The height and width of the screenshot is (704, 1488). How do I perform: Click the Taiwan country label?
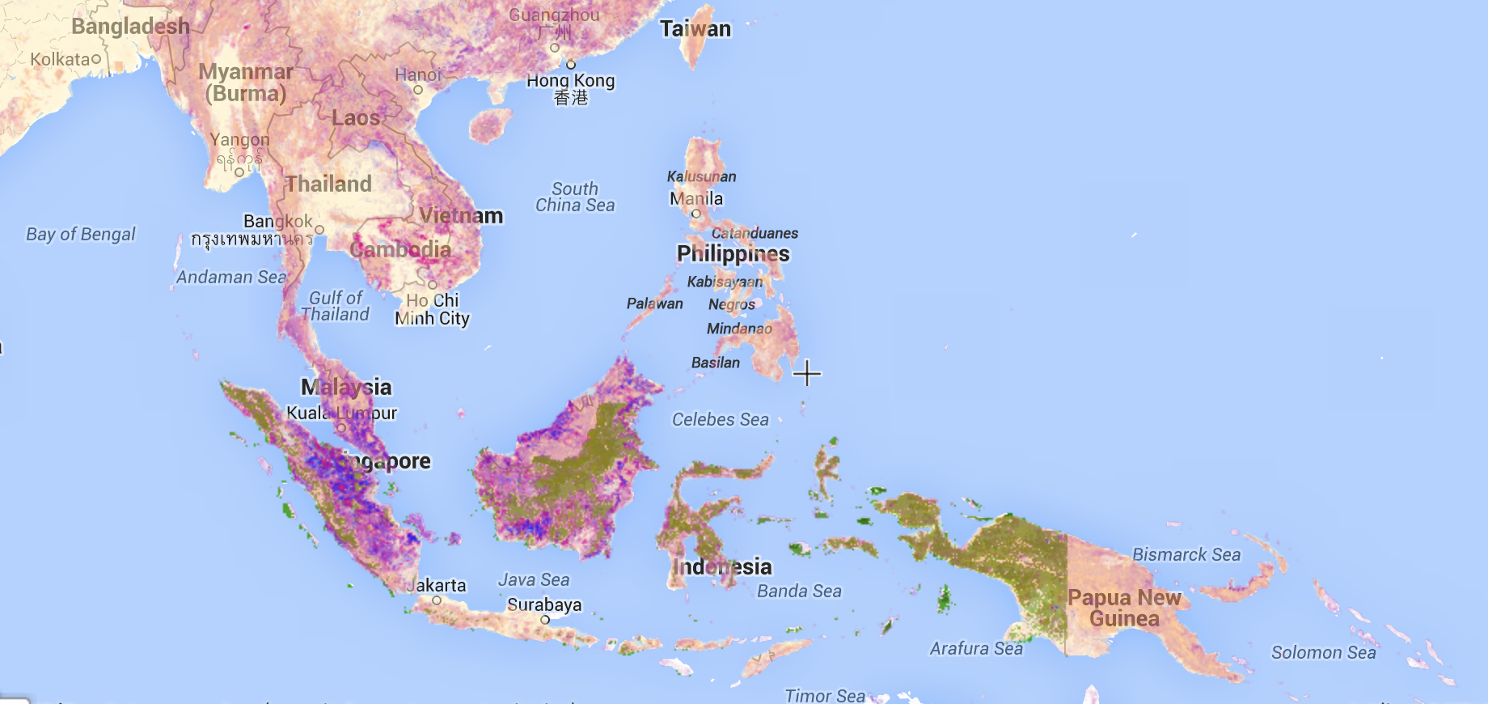pos(695,29)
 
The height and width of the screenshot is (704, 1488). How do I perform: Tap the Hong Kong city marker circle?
pos(571,65)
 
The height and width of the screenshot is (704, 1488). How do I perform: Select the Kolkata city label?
pos(61,59)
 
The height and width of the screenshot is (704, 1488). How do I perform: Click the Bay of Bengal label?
pos(81,235)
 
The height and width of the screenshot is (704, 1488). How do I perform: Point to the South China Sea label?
pos(575,197)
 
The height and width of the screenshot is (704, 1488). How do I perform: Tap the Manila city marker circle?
pos(695,214)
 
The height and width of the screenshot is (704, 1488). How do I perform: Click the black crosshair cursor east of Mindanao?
pos(807,373)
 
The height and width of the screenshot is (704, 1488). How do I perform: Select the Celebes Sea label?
pos(721,419)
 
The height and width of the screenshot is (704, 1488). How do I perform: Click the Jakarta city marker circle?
pos(437,600)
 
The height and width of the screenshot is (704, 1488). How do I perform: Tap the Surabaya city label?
pos(544,604)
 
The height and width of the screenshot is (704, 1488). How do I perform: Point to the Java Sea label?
pos(534,579)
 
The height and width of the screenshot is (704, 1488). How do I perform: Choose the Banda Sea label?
pos(799,592)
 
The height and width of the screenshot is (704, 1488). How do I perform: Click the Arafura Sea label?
pos(976,648)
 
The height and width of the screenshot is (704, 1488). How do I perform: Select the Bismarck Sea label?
pos(1186,554)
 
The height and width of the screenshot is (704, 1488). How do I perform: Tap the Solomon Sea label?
pos(1323,652)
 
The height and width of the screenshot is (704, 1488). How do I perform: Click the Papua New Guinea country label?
pos(1124,608)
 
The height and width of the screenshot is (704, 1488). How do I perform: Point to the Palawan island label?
pos(655,303)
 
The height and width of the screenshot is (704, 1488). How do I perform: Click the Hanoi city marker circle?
pos(418,90)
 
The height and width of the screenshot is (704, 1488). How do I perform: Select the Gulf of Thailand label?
pos(335,306)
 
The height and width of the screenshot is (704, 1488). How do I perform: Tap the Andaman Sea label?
pos(231,277)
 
